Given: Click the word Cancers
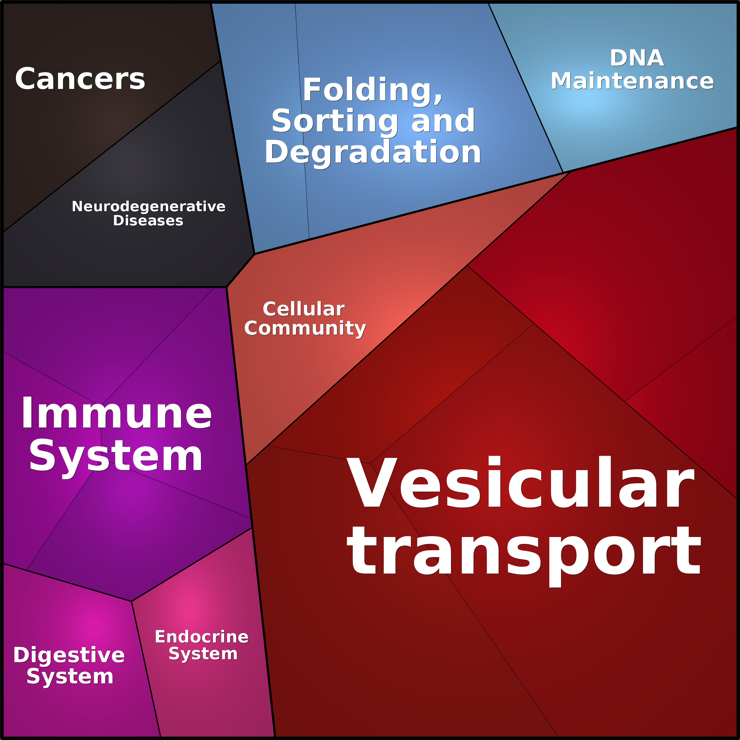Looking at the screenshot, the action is point(80,79).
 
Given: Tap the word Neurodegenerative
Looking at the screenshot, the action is point(148,207).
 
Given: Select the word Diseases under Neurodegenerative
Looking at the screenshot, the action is point(148,221).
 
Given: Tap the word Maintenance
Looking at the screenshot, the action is point(632,81).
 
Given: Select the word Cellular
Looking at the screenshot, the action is point(304,309).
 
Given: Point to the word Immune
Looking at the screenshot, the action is point(116,414).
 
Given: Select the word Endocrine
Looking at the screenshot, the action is point(202,637).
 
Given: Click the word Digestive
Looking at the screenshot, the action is point(69,656).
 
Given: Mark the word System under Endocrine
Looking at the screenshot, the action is point(203,654).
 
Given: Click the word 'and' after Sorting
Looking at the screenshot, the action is point(443,121).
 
